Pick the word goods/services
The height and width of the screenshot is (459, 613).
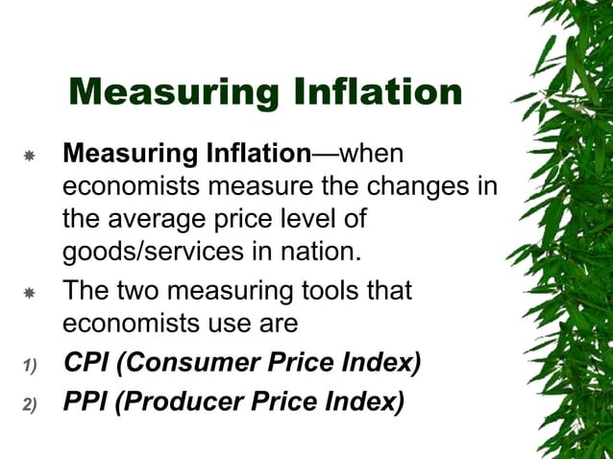pyautogui.click(x=151, y=253)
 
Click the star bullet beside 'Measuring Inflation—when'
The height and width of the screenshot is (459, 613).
pyautogui.click(x=29, y=155)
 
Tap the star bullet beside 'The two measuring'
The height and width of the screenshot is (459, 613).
pyautogui.click(x=29, y=292)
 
